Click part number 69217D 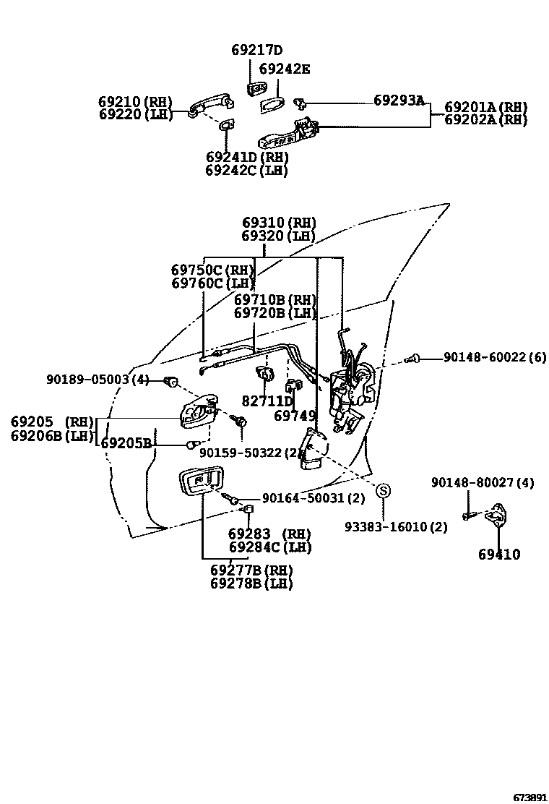(256, 50)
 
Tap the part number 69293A (399, 100)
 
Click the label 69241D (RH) (246, 157)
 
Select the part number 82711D (267, 401)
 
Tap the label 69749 (295, 416)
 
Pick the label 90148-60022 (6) (495, 357)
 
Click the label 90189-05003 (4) (98, 380)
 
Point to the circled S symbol (384, 491)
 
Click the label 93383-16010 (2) (395, 527)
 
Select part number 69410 (498, 555)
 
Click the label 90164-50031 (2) (313, 498)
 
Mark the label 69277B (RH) (251, 570)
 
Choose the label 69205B (126, 443)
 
